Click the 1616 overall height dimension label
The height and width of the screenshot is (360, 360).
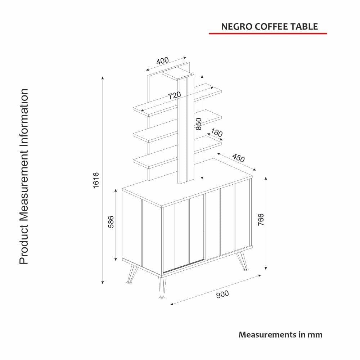[96, 180]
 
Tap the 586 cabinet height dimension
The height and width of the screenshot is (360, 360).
[111, 222]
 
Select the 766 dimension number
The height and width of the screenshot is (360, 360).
[261, 220]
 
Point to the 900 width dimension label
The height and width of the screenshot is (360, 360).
[222, 294]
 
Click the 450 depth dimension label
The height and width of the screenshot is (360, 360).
[239, 158]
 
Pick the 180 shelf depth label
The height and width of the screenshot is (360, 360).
[216, 133]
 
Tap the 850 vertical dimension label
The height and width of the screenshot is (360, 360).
[199, 124]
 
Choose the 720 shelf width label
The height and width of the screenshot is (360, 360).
[175, 95]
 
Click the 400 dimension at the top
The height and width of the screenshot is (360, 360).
[162, 61]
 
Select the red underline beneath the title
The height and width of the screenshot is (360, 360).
[268, 33]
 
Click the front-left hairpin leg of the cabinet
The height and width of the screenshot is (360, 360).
[162, 287]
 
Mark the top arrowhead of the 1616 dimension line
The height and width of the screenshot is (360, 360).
[103, 78]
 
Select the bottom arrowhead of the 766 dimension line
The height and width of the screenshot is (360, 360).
[266, 268]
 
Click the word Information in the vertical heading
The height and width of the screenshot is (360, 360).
[24, 120]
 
